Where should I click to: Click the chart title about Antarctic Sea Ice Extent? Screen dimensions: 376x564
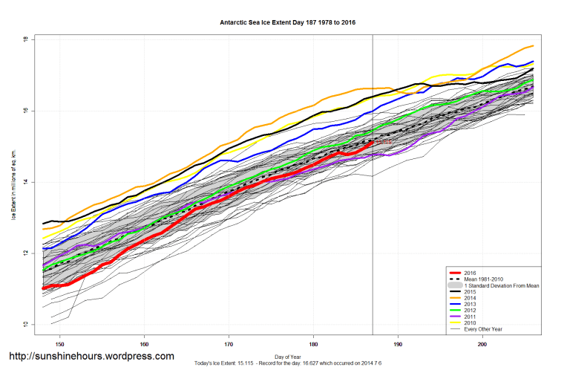[288, 22]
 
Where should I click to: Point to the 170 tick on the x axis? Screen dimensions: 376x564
[229, 343]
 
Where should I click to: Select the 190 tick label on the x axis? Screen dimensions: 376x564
[399, 343]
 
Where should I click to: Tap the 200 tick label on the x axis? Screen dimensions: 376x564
[483, 343]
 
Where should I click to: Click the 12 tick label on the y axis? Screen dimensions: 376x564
[25, 253]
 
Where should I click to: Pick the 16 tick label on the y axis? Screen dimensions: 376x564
[25, 111]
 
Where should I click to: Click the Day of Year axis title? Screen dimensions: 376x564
[288, 356]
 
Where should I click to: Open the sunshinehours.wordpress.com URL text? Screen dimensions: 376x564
[91, 357]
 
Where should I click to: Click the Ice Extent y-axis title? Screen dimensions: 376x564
[13, 182]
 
